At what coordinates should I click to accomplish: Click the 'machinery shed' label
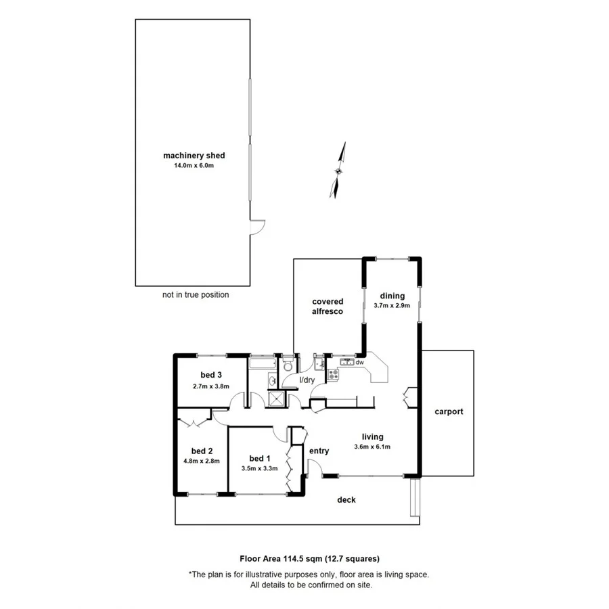194,156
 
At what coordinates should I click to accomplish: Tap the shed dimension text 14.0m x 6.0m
194,165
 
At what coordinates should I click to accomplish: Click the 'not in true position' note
196,295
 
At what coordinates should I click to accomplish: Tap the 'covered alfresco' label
328,307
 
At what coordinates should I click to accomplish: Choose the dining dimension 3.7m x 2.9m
392,306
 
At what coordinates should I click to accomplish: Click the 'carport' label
449,411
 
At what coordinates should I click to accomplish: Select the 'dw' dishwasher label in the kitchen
360,363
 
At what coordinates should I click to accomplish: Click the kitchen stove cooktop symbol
333,374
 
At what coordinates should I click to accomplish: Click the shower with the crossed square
275,399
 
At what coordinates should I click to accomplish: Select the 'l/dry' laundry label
307,380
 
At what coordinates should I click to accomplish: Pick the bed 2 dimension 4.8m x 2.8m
202,461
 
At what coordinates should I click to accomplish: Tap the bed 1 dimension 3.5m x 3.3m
260,468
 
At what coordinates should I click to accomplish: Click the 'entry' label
319,451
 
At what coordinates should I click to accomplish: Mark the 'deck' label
346,500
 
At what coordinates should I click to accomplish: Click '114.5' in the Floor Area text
294,559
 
